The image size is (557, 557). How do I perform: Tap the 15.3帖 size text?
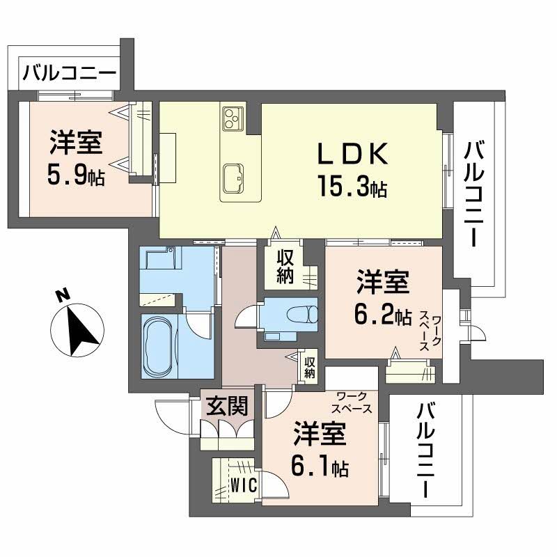coord(352,187)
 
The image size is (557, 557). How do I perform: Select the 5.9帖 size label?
coord(77,176)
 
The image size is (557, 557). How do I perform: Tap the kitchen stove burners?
coord(232,118)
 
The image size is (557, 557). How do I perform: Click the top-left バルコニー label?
coord(68,72)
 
